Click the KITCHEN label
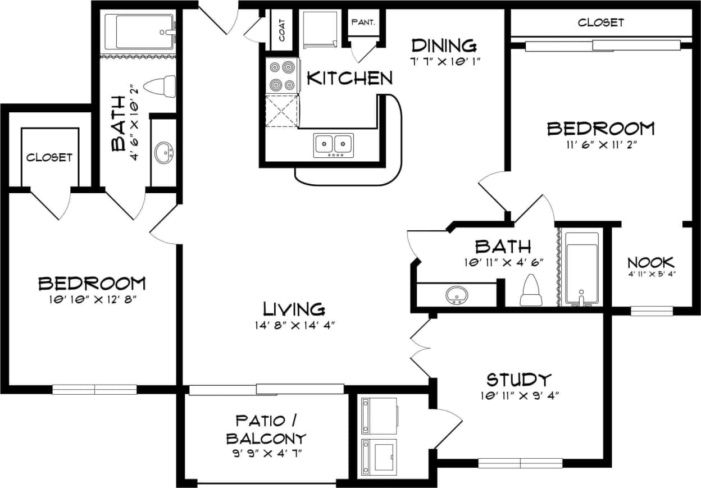click(349, 78)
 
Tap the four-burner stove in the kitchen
click(283, 76)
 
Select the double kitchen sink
click(334, 145)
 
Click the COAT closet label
click(281, 29)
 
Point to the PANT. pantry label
click(363, 23)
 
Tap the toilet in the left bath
click(161, 86)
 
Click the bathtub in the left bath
click(143, 31)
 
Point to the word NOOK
click(650, 262)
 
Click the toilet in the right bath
click(531, 291)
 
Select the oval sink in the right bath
click(457, 294)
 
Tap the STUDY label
click(518, 380)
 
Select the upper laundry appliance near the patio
click(380, 416)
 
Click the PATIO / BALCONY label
click(270, 429)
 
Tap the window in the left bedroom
click(94, 389)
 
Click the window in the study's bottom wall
click(520, 463)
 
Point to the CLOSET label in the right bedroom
click(600, 23)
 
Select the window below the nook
click(651, 311)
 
